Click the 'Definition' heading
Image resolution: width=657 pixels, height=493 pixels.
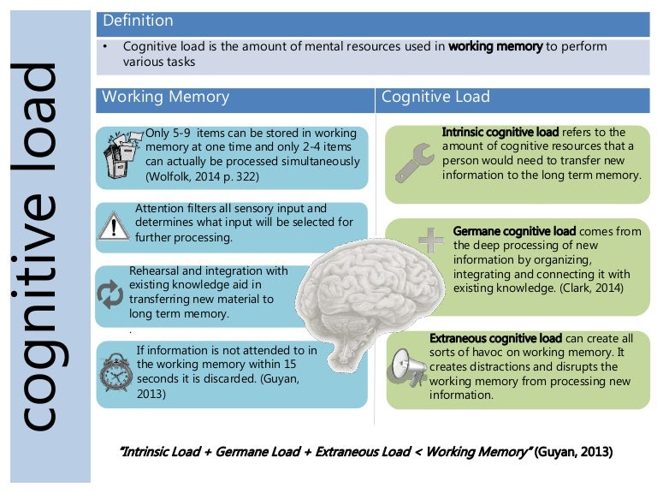pyautogui.click(x=138, y=21)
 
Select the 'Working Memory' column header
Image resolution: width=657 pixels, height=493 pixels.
pyautogui.click(x=165, y=97)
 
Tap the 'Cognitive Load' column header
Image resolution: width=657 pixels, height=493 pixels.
pyautogui.click(x=435, y=97)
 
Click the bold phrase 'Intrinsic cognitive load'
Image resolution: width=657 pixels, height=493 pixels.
pyautogui.click(x=500, y=133)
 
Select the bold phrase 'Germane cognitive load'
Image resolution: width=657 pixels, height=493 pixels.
pyautogui.click(x=515, y=231)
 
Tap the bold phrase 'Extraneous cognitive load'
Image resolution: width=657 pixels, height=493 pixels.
pyautogui.click(x=496, y=338)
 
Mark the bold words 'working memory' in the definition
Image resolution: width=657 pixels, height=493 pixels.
pyautogui.click(x=495, y=46)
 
